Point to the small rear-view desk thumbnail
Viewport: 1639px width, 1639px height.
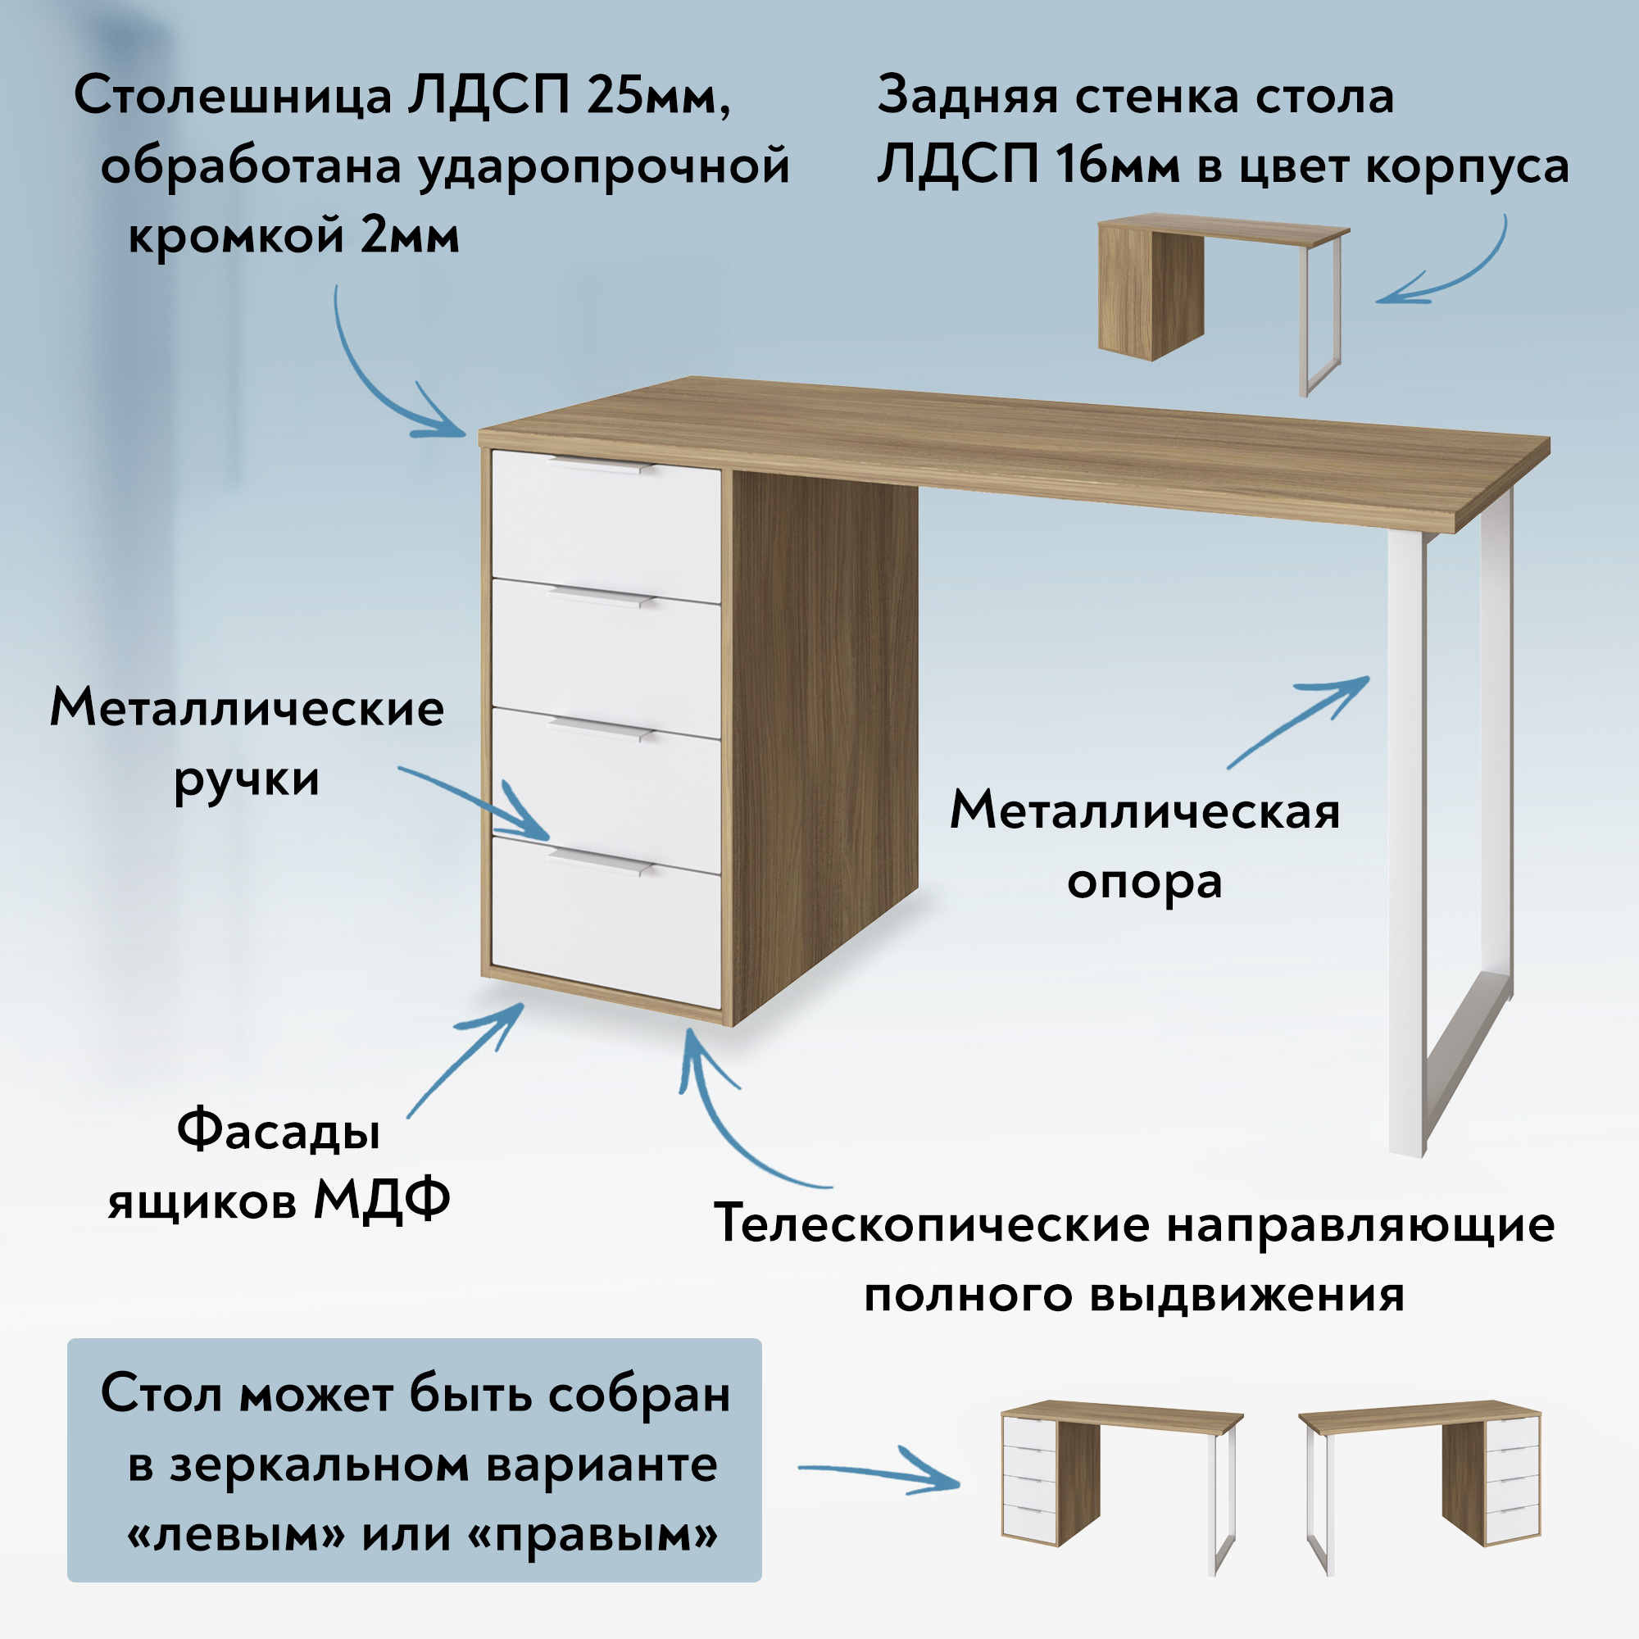tap(1224, 303)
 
